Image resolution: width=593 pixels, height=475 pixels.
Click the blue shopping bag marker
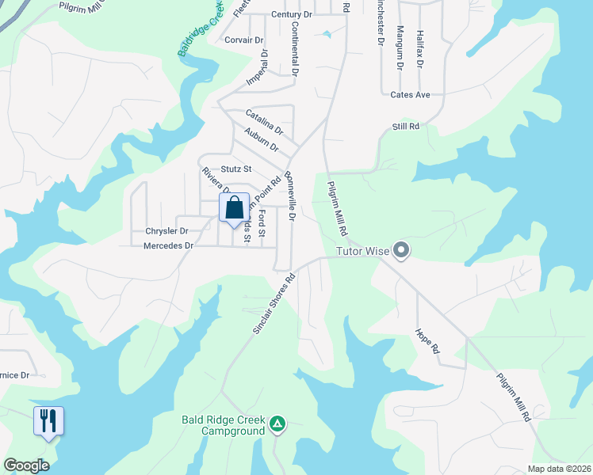point(234,209)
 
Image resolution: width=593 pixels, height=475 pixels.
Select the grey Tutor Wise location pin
point(401,251)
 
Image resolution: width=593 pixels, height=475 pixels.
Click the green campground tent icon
point(277,424)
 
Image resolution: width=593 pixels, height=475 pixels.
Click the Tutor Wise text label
point(361,252)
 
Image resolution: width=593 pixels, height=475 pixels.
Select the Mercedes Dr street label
point(168,246)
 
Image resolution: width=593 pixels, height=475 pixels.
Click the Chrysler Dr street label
point(166,231)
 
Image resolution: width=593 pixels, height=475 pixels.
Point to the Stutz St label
point(236,169)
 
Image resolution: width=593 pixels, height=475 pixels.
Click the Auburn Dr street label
point(262,140)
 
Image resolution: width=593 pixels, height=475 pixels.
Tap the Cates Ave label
point(410,95)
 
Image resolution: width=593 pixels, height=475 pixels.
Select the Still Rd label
point(405,127)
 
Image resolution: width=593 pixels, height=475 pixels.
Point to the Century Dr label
point(292,15)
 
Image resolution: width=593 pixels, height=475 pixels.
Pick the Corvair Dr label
point(243,40)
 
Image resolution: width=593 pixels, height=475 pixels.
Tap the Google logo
point(26,465)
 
